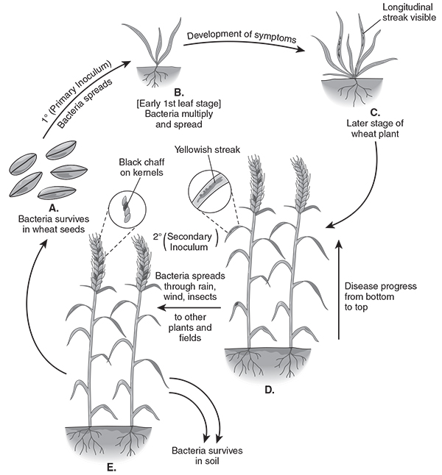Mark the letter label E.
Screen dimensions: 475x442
(x=111, y=465)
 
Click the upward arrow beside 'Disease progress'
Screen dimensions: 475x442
(x=340, y=294)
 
